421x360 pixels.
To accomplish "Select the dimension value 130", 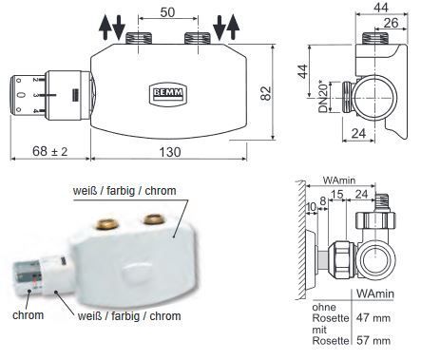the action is click(170, 152).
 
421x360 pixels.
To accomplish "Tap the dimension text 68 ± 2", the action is click(50, 151).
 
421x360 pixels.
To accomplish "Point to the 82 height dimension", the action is click(266, 93).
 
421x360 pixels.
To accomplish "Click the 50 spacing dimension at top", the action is click(167, 12).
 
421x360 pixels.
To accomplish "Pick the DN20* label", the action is click(323, 98).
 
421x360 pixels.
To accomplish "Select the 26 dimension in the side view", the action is click(391, 23).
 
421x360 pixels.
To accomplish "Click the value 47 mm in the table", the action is click(373, 317).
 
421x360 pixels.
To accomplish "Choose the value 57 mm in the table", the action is click(373, 340).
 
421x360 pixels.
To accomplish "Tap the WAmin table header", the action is click(375, 294).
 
